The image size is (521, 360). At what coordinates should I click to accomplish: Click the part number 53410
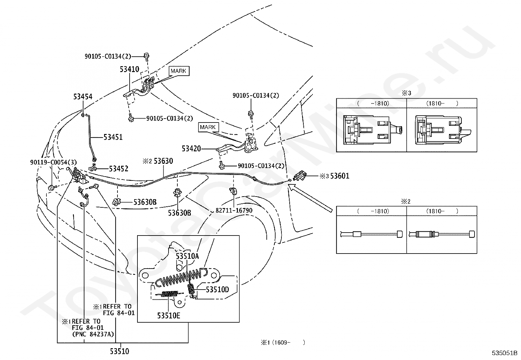point(129,69)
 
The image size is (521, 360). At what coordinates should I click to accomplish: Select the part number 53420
point(191,149)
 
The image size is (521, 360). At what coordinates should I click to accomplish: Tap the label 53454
point(83,96)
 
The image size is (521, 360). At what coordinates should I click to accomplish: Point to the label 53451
point(113,137)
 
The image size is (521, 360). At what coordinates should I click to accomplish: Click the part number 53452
point(118,169)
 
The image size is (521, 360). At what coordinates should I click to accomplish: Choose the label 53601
point(340,176)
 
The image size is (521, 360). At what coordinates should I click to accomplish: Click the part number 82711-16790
point(234,210)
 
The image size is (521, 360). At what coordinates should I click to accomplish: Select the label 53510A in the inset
point(187,256)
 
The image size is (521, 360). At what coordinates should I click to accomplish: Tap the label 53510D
point(218,290)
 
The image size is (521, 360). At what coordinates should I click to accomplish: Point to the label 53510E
point(169,315)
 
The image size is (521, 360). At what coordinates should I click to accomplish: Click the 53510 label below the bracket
point(119,351)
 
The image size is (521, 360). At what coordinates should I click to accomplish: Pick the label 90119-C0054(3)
point(53,162)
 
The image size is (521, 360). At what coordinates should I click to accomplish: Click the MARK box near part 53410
point(179,71)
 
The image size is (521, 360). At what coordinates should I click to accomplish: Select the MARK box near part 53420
point(208,127)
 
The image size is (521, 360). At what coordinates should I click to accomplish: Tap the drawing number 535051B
point(505,353)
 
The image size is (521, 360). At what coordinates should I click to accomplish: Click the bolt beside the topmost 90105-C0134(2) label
point(146,56)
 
